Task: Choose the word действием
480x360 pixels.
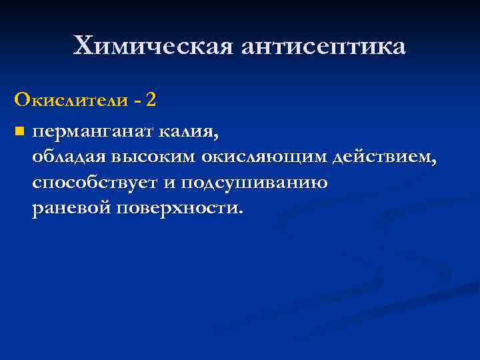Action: pyautogui.click(x=383, y=157)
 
